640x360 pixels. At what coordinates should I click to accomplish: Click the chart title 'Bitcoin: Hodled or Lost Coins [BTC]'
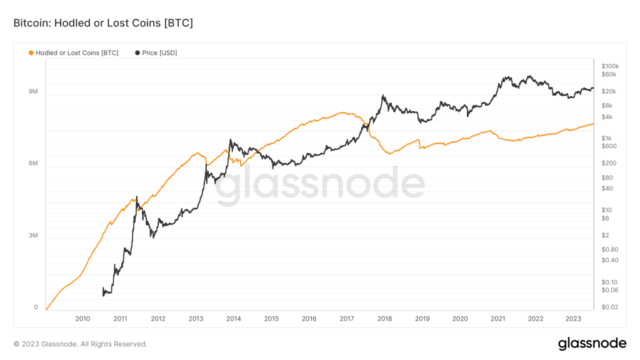pos(103,23)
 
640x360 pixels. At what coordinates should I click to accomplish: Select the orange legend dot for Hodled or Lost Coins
pos(31,53)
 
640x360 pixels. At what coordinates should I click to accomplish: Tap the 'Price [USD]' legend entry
pos(159,53)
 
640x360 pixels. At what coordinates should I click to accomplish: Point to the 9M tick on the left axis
pos(33,92)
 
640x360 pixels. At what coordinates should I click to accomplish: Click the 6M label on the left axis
pos(33,164)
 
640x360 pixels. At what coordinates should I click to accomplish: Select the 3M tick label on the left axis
pos(33,236)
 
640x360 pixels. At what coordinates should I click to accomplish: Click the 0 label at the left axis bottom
pos(36,307)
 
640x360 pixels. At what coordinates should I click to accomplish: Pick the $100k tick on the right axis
pos(609,66)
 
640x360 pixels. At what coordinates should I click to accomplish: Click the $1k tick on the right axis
pos(606,138)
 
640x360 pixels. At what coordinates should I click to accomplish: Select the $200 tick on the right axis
pos(607,163)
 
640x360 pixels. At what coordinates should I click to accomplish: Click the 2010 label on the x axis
pos(82,319)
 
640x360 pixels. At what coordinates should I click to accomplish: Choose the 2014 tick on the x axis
pos(234,319)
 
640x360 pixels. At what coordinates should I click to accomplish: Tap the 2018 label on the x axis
pos(384,319)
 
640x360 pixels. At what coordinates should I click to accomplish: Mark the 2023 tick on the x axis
pos(573,319)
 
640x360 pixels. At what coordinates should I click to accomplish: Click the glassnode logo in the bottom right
pos(592,343)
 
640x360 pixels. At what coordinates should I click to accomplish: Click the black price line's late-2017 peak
pos(382,96)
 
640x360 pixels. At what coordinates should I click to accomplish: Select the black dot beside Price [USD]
pos(137,53)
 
